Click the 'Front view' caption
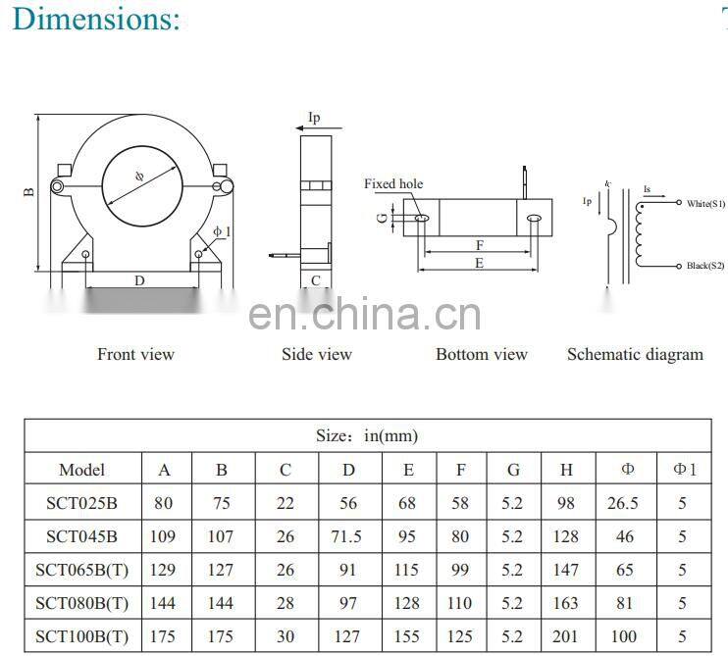click(x=135, y=354)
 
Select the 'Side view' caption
click(x=316, y=354)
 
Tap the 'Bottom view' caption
click(x=481, y=354)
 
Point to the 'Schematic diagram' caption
click(x=635, y=354)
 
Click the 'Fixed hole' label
click(x=393, y=184)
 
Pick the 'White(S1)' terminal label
click(x=705, y=203)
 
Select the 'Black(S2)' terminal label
click(x=705, y=266)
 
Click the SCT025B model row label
click(x=81, y=503)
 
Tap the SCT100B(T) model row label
click(x=81, y=634)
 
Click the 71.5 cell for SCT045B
click(x=348, y=536)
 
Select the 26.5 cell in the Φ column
click(x=623, y=503)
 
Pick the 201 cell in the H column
click(x=566, y=634)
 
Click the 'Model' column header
click(x=81, y=470)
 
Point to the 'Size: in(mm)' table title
click(x=367, y=435)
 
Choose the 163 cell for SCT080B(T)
click(x=566, y=602)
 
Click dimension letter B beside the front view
click(x=29, y=190)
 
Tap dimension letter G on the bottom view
click(x=381, y=218)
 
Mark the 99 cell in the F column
click(x=460, y=570)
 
